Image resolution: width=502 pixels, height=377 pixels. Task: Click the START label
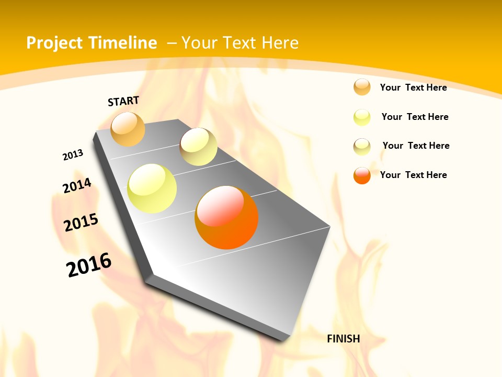point(123,101)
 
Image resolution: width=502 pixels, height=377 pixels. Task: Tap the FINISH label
point(343,339)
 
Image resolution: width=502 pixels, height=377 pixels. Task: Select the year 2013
point(73,155)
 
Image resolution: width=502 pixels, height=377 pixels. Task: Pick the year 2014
point(77,185)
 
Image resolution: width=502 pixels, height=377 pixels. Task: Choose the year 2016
point(89,265)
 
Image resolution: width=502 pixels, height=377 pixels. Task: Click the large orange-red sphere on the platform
point(226,217)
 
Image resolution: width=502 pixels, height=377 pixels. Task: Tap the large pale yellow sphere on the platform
point(152,188)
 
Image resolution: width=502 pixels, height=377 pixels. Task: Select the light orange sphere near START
point(128,129)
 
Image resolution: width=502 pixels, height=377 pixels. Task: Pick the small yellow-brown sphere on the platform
point(198,147)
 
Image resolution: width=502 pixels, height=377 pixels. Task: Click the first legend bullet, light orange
point(362,87)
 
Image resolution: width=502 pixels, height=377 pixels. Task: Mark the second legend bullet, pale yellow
point(362,117)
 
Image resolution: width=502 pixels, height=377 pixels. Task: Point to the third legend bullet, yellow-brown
point(362,146)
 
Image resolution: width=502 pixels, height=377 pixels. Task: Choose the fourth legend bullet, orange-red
point(362,175)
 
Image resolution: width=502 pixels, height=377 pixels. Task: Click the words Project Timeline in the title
point(92,43)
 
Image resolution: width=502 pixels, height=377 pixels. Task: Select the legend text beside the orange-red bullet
point(413,175)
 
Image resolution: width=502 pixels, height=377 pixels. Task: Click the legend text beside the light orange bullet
point(413,87)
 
